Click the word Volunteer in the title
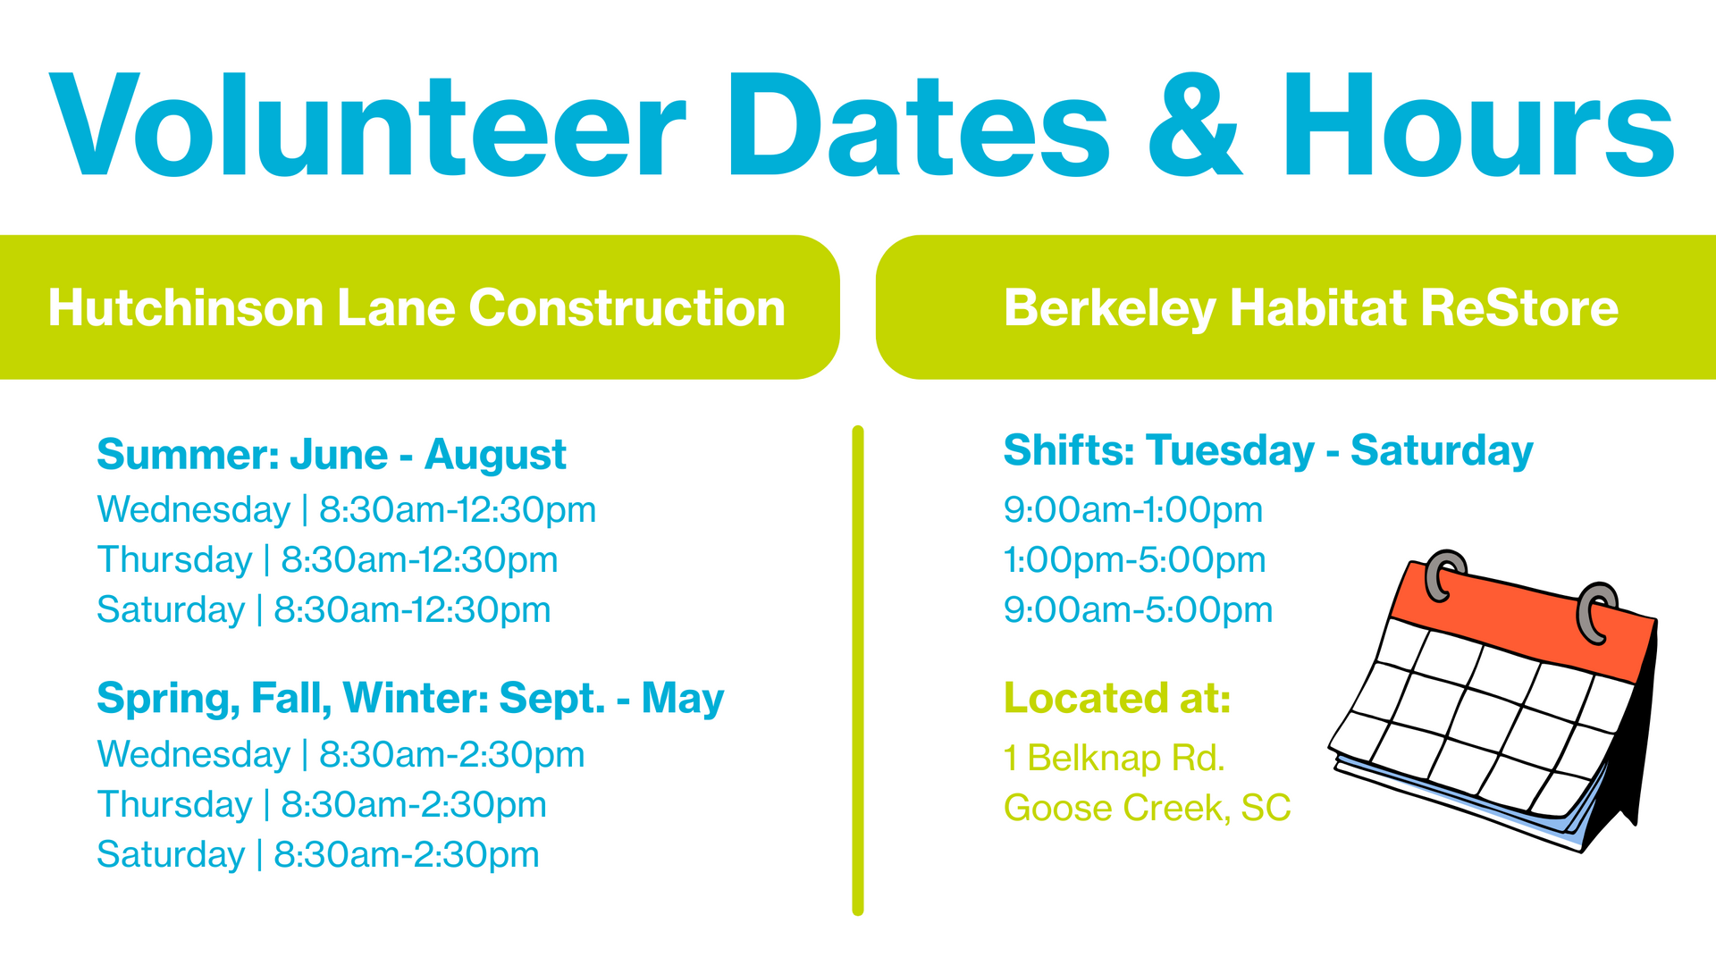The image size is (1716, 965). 366,125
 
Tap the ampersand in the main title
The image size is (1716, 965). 1195,125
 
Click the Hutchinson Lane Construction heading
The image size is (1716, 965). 416,307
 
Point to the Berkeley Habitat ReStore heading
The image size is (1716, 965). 1311,309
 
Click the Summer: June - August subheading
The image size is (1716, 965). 332,455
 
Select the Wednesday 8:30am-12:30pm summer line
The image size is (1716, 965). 347,510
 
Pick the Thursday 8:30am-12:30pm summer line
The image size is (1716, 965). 327,560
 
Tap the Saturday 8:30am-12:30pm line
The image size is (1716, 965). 324,610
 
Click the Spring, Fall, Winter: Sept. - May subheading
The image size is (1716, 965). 410,699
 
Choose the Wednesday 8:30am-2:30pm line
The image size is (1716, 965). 341,755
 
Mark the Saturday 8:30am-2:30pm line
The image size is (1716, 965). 318,855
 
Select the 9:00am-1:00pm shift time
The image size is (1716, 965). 1133,510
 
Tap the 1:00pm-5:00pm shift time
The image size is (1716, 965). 1135,560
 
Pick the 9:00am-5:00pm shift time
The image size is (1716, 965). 1138,610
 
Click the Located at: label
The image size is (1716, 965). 1117,698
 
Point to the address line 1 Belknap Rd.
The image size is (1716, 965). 1114,758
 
